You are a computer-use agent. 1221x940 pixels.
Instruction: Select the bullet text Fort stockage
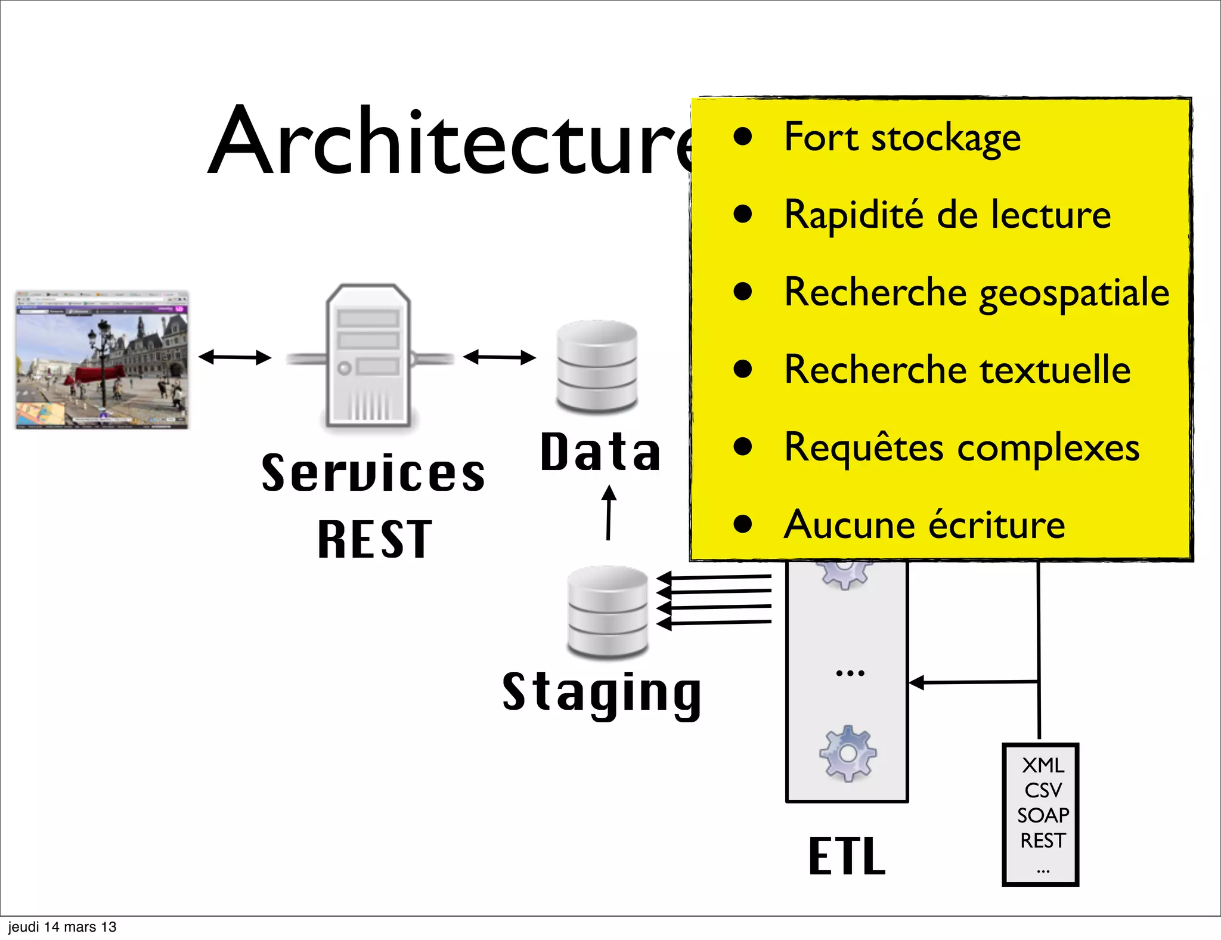pyautogui.click(x=901, y=138)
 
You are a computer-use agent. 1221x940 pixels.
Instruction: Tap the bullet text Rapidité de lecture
pyautogui.click(x=947, y=215)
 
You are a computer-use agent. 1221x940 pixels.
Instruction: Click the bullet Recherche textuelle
pyautogui.click(x=956, y=370)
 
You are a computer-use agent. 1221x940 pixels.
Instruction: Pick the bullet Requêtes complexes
pyautogui.click(x=961, y=447)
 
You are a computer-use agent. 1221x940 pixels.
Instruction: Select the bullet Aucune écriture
pyautogui.click(x=924, y=525)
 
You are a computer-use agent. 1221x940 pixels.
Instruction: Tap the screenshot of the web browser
pyautogui.click(x=102, y=360)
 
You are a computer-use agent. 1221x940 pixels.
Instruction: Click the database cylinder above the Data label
pyautogui.click(x=597, y=366)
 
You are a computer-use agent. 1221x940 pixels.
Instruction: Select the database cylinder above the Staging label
pyautogui.click(x=608, y=611)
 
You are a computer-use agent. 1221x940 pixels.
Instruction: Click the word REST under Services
pyautogui.click(x=374, y=540)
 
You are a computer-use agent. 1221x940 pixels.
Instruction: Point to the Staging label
pyautogui.click(x=602, y=693)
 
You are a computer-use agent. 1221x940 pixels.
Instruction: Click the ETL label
pyautogui.click(x=847, y=856)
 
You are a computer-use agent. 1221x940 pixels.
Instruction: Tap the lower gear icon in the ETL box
pyautogui.click(x=847, y=754)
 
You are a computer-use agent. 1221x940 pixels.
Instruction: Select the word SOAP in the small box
pyautogui.click(x=1042, y=815)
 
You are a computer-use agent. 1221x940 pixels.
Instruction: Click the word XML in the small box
pyautogui.click(x=1042, y=765)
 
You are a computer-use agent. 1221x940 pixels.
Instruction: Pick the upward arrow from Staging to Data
pyautogui.click(x=608, y=513)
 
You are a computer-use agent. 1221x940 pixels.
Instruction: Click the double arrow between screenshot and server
pyautogui.click(x=234, y=357)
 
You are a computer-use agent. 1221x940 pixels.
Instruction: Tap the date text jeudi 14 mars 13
pyautogui.click(x=62, y=927)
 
